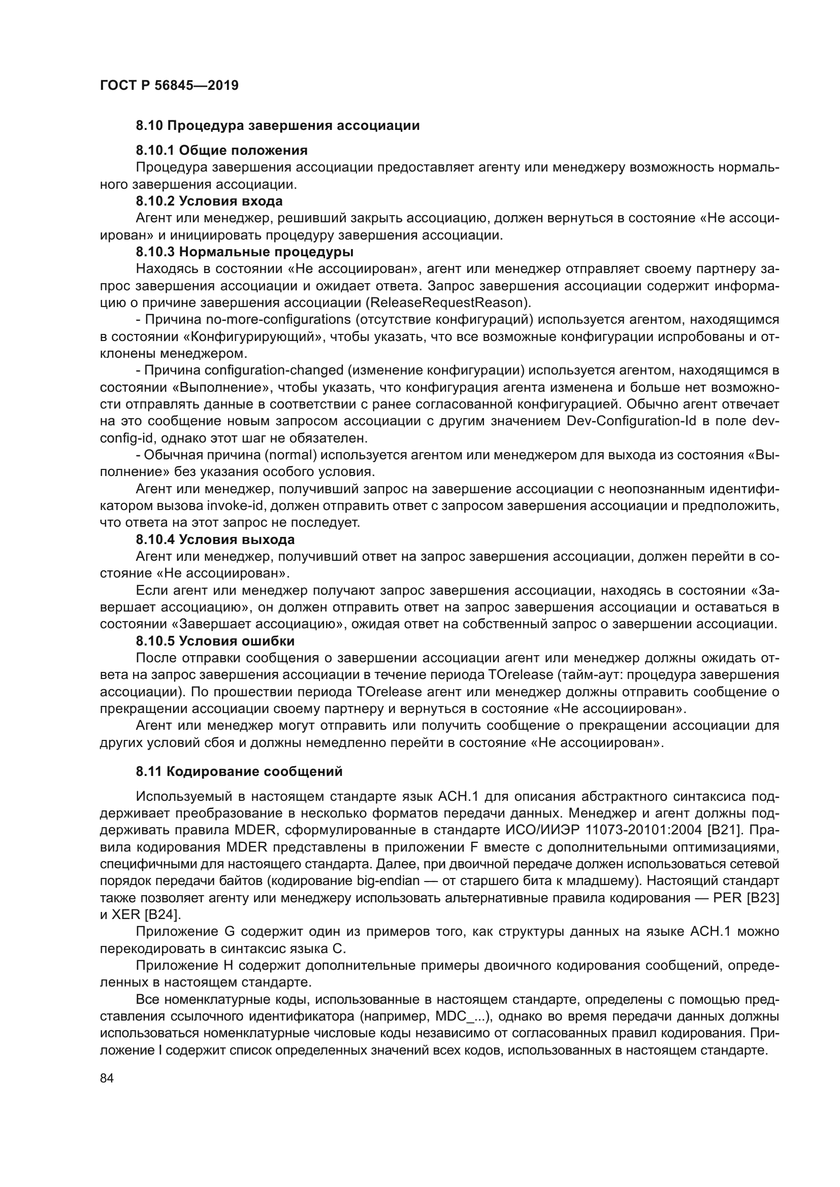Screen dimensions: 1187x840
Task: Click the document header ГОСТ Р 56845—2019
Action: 169,86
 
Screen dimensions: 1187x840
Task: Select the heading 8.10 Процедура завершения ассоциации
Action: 277,126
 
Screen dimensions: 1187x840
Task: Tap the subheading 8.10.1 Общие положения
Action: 221,150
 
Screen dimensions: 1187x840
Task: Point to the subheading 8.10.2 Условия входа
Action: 209,201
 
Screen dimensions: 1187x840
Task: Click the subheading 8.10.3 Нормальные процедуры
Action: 245,252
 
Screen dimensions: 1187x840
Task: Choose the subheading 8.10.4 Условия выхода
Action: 215,540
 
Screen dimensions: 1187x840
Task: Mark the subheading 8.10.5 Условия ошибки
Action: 215,641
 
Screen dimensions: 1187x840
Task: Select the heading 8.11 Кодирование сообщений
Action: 239,772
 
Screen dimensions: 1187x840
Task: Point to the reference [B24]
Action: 162,914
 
